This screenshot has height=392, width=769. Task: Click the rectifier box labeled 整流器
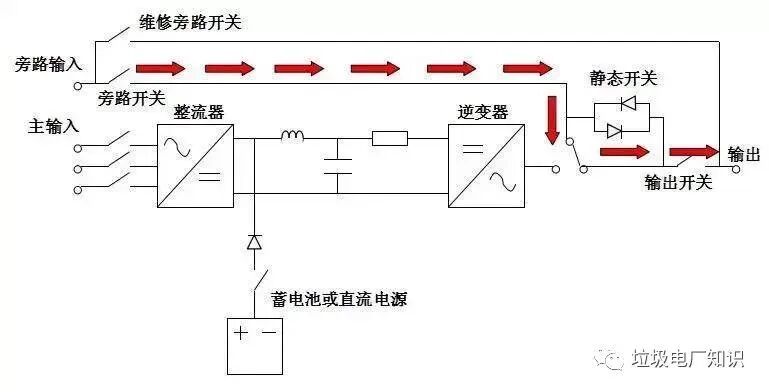coord(194,166)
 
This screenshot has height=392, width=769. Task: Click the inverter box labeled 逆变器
coord(485,166)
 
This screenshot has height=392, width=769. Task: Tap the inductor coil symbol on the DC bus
coord(292,138)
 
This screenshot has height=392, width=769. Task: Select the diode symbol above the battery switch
coord(254,242)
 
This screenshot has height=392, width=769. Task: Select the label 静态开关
coord(624,78)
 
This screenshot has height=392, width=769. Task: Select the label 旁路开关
coord(131,100)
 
